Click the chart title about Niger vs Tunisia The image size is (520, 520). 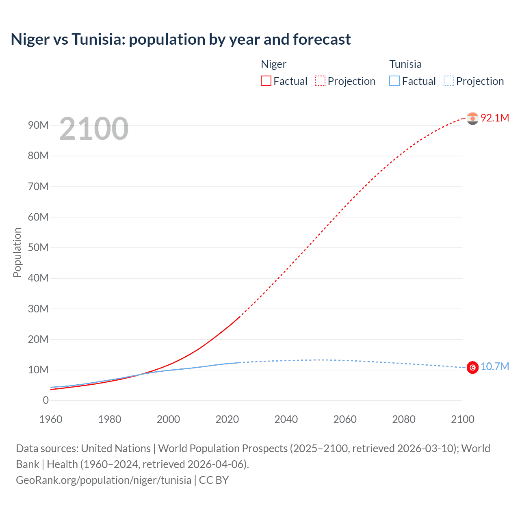pos(181,39)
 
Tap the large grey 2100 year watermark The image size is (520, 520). pos(94,129)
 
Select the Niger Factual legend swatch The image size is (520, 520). pos(266,81)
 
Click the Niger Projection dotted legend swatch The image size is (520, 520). pos(320,81)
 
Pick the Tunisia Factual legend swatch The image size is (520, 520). pos(394,81)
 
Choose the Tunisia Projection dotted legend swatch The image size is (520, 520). pos(449,81)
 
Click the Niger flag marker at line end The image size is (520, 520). pos(472,118)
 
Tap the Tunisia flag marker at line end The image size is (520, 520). pos(472,367)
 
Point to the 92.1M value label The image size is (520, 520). pos(495,118)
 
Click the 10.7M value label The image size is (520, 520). pos(495,367)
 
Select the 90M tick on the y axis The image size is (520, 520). pos(38,125)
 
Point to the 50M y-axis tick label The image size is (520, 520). pos(38,247)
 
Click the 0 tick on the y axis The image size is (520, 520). pos(45,400)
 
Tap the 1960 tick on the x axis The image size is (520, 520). pos(51,419)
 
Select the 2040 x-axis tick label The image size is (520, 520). pos(286,419)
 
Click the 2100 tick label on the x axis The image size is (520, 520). pos(462,419)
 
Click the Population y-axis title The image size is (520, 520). pos(17,252)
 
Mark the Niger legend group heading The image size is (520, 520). pos(273,64)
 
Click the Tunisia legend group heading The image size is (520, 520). pos(405,64)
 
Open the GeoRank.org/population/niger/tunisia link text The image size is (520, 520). pos(104,480)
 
